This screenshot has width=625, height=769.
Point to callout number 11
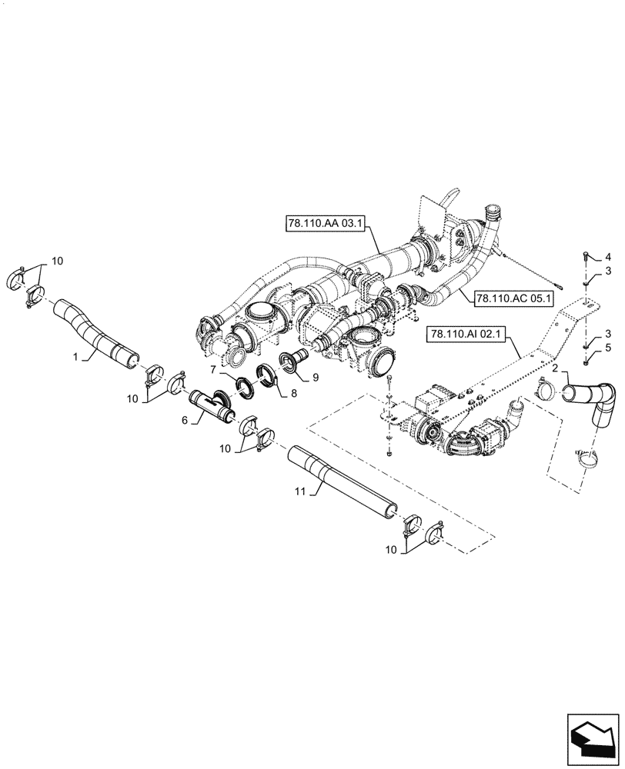pos(301,491)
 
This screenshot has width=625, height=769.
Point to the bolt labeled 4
pos(587,258)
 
